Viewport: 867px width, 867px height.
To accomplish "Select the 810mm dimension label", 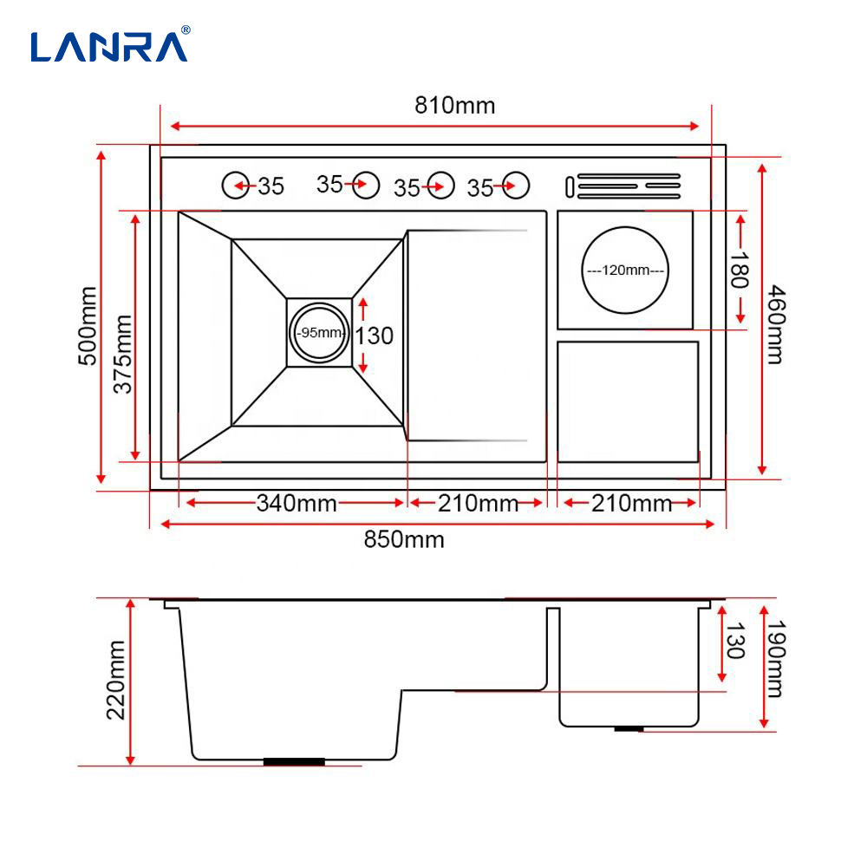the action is coord(455,106).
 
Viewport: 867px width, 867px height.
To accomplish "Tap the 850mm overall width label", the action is coord(404,539).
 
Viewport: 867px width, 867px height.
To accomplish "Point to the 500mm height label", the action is coord(88,326).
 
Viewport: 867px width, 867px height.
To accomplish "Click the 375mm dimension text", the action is coord(123,354).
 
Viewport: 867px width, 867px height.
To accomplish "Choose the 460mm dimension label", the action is coord(776,324).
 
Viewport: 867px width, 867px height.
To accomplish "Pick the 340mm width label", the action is coord(297,503).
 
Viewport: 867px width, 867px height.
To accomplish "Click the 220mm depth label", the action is coord(115,680).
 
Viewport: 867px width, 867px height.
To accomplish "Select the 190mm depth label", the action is coord(776,659).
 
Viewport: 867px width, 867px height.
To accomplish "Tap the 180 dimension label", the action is coord(740,271).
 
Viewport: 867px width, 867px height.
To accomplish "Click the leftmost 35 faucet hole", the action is coord(236,186).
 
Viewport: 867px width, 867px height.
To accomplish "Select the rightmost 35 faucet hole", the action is coord(515,186).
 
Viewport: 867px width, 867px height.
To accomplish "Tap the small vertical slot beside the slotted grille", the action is coord(570,187).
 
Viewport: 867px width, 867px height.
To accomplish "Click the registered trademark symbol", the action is coord(186,29).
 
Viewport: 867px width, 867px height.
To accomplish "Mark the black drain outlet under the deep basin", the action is coord(294,762).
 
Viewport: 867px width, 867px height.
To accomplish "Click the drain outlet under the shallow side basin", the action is coord(629,729).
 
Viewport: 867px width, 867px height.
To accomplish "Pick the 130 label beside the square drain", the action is coord(375,336).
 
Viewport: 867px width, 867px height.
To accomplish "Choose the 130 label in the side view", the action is coord(735,641).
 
